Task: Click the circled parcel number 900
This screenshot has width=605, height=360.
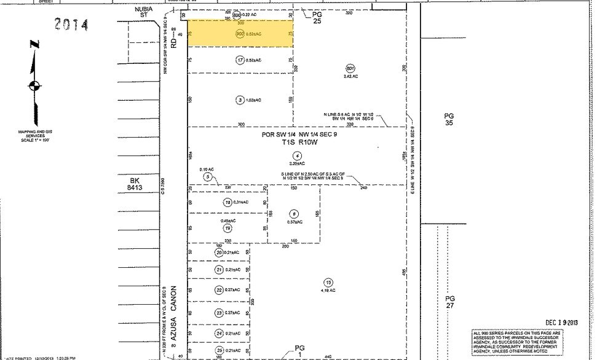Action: (x=239, y=35)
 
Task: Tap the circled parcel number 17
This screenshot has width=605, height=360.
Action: (x=240, y=60)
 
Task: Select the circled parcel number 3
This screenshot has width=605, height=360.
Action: (x=240, y=100)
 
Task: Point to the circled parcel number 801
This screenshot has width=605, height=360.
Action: (x=350, y=68)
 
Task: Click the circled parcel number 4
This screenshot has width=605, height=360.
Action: (x=298, y=155)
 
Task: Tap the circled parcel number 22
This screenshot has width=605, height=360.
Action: (x=219, y=290)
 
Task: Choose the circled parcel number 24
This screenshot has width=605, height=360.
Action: (x=219, y=334)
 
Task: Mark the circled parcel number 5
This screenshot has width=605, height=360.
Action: (x=208, y=177)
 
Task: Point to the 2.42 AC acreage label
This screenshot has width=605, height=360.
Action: (x=350, y=76)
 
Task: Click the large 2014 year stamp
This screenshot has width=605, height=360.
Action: (x=71, y=25)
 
